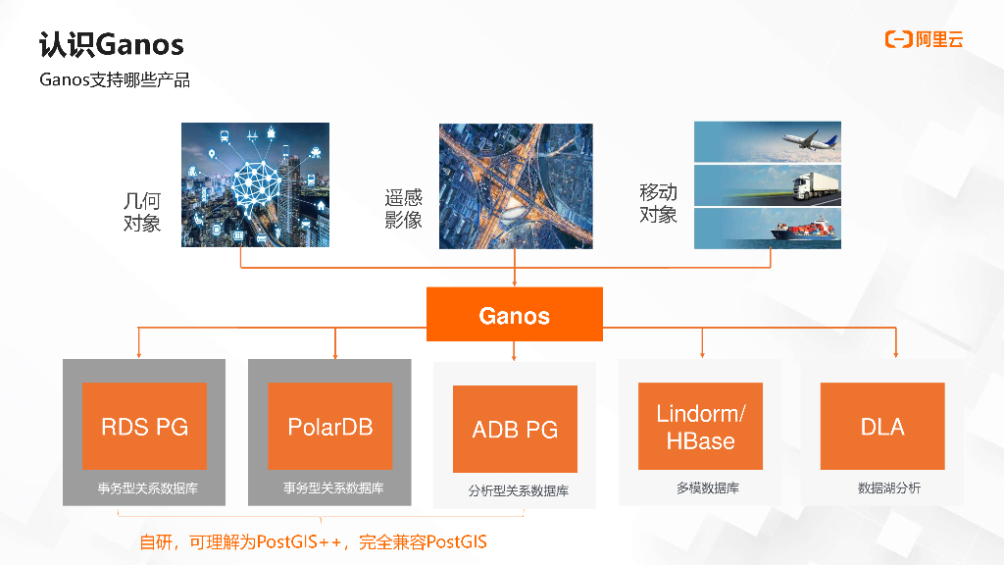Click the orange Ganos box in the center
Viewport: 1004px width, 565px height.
[514, 315]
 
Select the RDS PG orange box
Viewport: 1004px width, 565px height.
[144, 427]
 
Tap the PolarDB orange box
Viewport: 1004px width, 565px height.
[329, 427]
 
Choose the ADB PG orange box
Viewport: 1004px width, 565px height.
[515, 430]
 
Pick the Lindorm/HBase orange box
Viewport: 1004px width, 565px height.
[700, 427]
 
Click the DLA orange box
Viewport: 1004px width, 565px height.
[882, 427]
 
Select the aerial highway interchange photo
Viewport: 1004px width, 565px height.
[516, 185]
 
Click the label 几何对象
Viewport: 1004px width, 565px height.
[141, 212]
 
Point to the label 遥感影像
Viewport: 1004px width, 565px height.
[403, 209]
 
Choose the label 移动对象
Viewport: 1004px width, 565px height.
[658, 203]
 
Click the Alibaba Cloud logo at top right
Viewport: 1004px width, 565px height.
[924, 39]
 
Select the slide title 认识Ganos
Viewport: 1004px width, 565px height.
[111, 44]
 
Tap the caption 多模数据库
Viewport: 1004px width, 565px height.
[700, 488]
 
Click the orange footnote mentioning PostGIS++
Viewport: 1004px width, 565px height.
[313, 541]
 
